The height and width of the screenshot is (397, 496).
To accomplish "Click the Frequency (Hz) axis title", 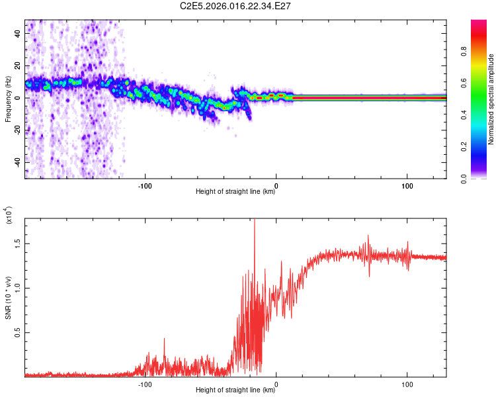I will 8,99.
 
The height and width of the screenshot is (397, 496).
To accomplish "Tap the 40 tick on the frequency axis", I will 19,32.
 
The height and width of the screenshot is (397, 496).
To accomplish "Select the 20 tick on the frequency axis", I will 19,65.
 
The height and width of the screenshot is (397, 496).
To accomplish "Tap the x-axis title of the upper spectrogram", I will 235,192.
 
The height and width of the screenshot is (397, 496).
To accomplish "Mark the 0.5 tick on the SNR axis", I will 18,332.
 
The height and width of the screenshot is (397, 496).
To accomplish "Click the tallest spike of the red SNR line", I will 254,221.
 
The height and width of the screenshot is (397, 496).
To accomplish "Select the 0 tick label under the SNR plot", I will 276,383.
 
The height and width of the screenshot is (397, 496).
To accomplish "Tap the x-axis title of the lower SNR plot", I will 235,390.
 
